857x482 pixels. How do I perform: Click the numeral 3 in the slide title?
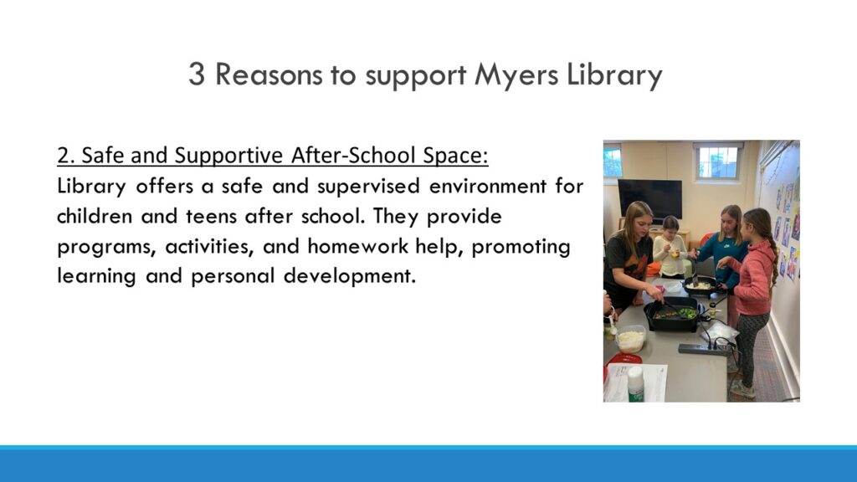(x=197, y=74)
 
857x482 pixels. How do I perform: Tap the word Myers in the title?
(x=516, y=75)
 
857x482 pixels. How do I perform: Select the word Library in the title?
(x=614, y=75)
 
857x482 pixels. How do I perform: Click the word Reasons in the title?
(x=269, y=74)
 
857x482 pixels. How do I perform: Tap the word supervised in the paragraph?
(x=368, y=187)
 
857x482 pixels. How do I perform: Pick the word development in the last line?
(x=349, y=276)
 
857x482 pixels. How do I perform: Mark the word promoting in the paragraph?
(x=521, y=247)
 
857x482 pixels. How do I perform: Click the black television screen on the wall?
(x=649, y=198)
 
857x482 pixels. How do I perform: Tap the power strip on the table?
(x=706, y=349)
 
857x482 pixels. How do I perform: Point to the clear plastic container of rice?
(x=630, y=340)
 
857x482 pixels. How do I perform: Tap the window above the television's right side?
(x=717, y=162)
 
